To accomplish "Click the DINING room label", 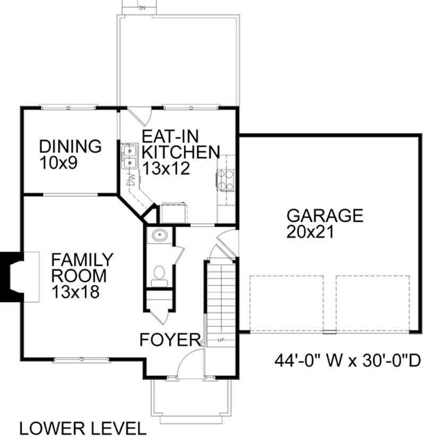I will [x=70, y=146].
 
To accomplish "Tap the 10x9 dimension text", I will [x=58, y=162].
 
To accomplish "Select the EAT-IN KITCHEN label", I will [x=180, y=143].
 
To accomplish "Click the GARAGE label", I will [x=325, y=215].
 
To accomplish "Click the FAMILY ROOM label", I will [x=82, y=268].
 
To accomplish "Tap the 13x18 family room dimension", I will [x=75, y=291].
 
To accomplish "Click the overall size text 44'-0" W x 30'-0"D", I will [x=347, y=361].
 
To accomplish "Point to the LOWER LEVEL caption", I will [x=82, y=428].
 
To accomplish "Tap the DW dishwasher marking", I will [x=130, y=180].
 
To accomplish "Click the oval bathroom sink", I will [x=159, y=236].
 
